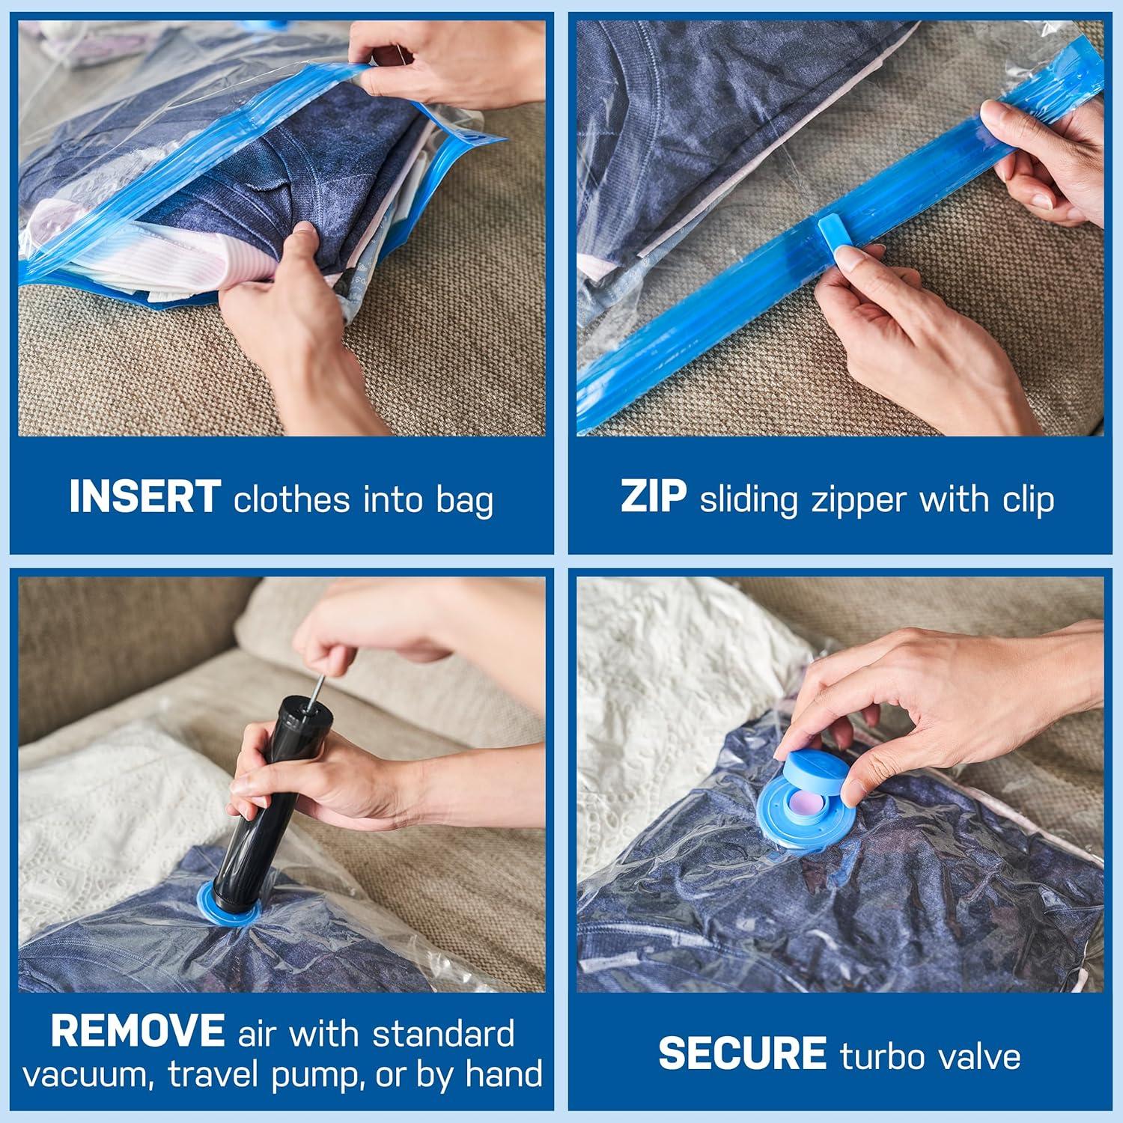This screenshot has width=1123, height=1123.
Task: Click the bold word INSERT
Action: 144,497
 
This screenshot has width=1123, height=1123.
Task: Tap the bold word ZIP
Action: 653,497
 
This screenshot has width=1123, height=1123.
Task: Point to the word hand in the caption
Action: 504,1075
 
